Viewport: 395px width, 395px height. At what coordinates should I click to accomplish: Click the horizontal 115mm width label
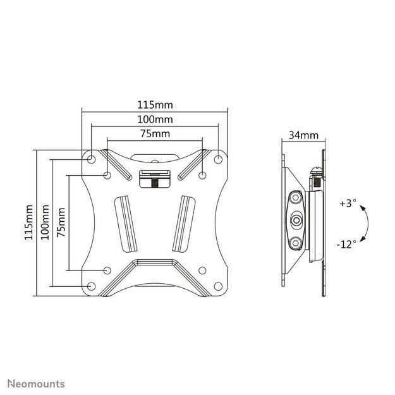coord(155,104)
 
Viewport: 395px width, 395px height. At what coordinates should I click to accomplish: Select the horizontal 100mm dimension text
coord(155,119)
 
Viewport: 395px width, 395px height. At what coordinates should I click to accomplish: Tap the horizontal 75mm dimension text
coord(155,133)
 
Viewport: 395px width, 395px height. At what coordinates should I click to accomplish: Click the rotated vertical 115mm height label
coord(28,222)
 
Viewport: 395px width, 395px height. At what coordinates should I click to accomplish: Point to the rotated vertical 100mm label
coord(44,222)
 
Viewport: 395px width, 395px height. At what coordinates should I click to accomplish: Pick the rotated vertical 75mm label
coord(61,222)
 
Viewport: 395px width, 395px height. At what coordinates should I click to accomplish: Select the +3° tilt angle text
coord(348,204)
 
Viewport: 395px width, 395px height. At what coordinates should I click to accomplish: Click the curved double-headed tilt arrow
coord(365,223)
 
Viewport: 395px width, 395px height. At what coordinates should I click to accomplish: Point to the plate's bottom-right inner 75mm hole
coord(202,270)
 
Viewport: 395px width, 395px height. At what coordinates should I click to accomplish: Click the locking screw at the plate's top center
coord(155,180)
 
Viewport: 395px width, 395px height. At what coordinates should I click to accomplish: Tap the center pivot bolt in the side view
coord(297,221)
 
